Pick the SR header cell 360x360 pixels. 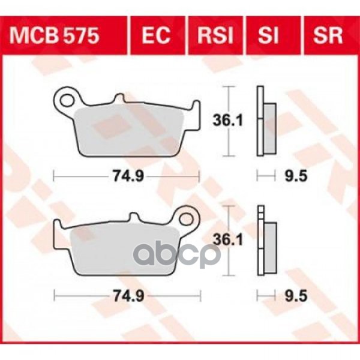click(x=327, y=36)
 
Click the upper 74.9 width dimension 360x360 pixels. click(x=126, y=176)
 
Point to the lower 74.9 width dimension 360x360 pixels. click(x=126, y=295)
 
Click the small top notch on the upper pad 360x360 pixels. click(x=120, y=98)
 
